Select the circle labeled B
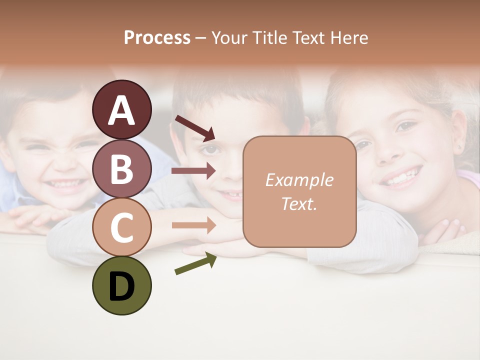(x=121, y=168)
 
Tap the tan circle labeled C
(x=121, y=227)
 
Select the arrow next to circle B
(x=193, y=171)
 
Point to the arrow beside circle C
(x=193, y=225)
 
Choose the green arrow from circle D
(x=195, y=263)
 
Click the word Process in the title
(x=157, y=37)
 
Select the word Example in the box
(x=299, y=180)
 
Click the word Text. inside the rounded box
(x=299, y=203)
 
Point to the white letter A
(x=121, y=111)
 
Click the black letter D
(x=121, y=287)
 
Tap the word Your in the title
(x=229, y=37)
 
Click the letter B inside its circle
(x=121, y=168)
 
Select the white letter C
(x=121, y=227)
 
